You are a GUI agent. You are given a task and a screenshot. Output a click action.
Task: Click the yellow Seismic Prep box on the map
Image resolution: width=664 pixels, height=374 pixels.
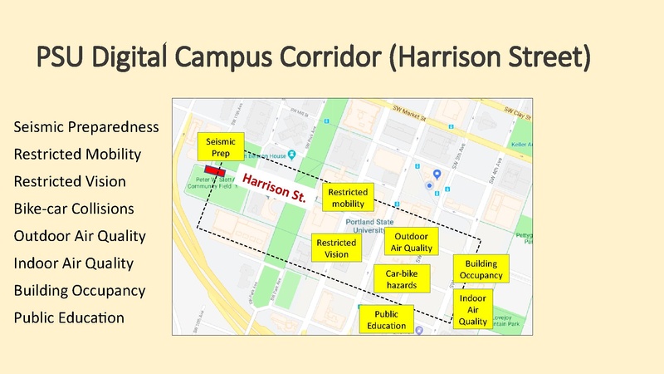(221, 147)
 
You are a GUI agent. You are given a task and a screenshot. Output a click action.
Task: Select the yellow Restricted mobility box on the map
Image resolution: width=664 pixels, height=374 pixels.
(348, 198)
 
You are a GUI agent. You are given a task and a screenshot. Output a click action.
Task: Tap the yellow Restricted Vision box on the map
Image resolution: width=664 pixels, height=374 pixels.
(336, 248)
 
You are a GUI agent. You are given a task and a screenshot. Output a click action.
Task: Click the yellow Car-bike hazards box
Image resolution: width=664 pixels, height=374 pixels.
(402, 278)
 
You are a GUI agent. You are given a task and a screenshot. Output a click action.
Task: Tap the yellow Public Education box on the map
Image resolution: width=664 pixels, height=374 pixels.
(386, 319)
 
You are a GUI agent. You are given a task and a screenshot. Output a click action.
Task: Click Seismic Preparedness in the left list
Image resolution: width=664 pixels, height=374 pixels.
(85, 127)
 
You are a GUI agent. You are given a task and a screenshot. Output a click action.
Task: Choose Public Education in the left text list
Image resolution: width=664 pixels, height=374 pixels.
(69, 317)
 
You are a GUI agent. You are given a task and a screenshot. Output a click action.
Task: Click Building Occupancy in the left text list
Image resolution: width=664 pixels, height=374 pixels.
(80, 290)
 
